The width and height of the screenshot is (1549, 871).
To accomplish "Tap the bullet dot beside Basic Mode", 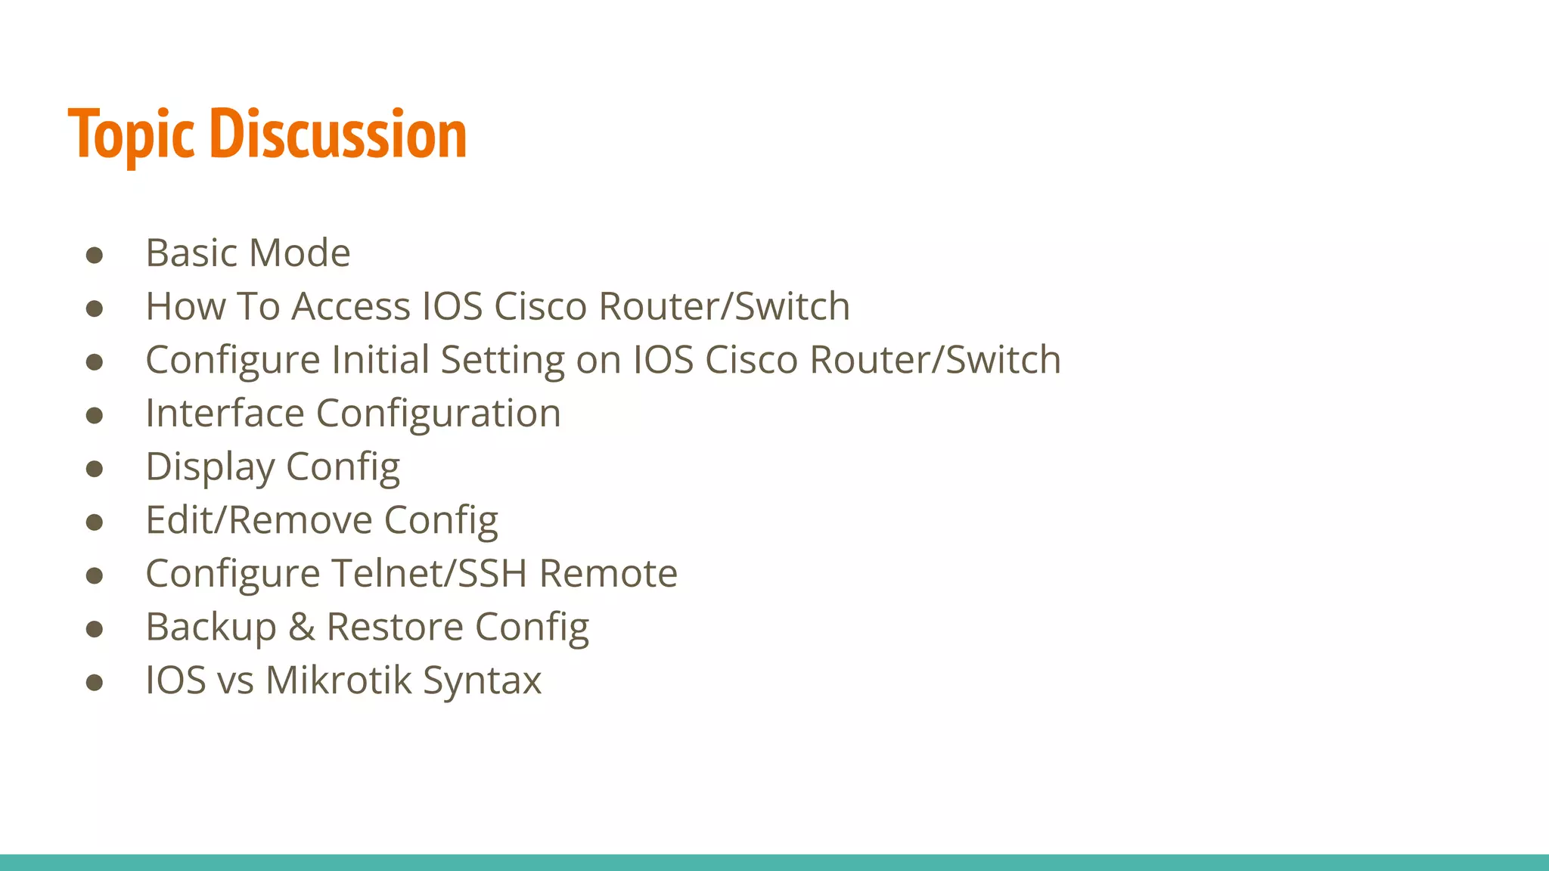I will click(x=95, y=255).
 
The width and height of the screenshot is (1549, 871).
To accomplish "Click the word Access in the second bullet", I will click(x=351, y=306).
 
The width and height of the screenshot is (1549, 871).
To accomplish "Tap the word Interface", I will click(x=225, y=414).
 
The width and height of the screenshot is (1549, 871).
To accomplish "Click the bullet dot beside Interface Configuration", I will click(x=95, y=415).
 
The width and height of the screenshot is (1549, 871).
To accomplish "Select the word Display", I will click(x=210, y=467).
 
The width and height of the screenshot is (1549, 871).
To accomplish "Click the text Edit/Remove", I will click(x=259, y=520).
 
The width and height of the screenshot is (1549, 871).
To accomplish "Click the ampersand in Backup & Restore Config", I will click(x=301, y=627).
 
